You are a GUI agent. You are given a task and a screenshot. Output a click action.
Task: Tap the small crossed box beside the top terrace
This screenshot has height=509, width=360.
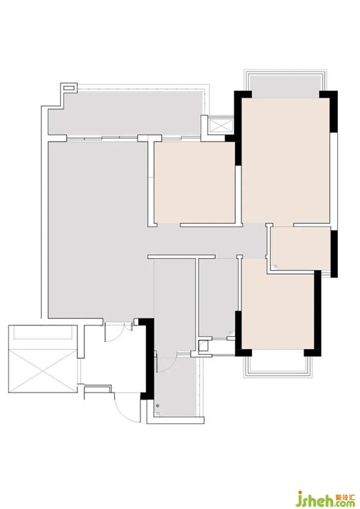coord(221,126)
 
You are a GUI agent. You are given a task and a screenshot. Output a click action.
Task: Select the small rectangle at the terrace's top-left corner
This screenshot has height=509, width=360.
coord(69,87)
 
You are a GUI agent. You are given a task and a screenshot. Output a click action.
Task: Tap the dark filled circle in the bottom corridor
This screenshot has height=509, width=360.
coord(158,405)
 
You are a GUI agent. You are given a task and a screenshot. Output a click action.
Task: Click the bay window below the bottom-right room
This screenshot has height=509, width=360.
coord(278,366)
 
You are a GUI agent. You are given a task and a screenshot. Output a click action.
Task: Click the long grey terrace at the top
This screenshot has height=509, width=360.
coord(126,113)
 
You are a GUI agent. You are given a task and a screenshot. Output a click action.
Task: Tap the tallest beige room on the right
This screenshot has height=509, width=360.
coord(286,160)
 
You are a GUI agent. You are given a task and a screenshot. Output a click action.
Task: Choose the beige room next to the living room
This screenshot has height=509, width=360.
coord(194,182)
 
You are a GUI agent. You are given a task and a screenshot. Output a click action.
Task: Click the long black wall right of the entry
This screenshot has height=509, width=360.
coord(149,359)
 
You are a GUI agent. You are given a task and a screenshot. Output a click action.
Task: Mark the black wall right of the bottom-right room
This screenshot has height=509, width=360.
coord(317,313)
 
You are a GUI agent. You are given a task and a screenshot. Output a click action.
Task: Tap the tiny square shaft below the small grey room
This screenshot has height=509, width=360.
coord(204,347)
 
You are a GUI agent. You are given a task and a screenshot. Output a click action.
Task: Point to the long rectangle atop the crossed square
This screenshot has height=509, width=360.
coord(43,332)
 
